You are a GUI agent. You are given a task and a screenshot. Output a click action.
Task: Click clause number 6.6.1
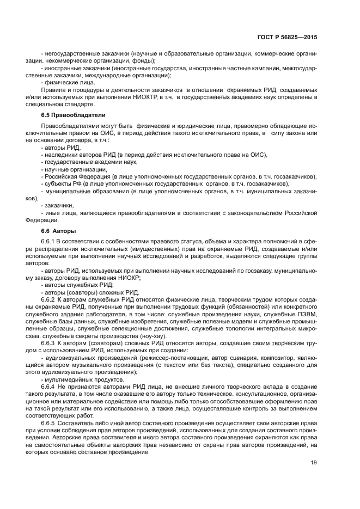click(x=50, y=241)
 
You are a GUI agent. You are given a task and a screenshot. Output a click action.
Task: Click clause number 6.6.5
click(x=50, y=423)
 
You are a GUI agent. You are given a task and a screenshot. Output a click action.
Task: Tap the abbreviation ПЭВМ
click(x=307, y=314)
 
